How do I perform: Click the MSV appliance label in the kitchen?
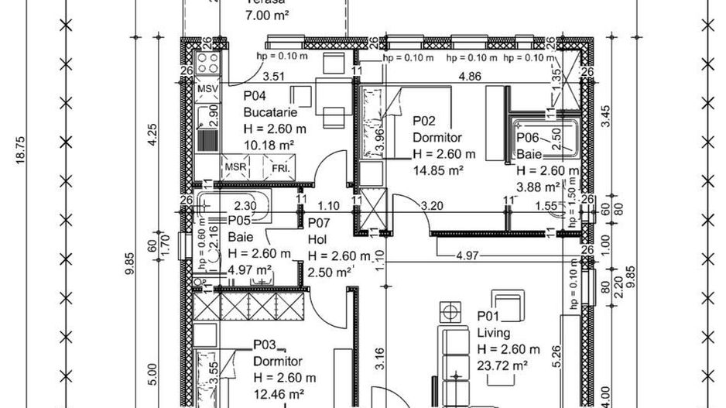207,90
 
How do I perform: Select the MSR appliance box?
236,167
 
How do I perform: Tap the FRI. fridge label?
280,167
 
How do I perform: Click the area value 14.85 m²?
437,170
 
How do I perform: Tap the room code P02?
424,120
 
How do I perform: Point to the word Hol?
316,238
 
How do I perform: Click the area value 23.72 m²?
502,365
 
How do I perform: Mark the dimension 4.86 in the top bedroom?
471,77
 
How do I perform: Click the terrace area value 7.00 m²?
267,15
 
